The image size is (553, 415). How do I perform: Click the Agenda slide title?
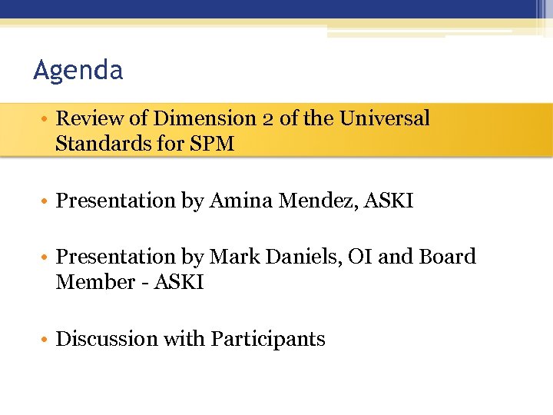[78, 71]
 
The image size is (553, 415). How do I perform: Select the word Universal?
[385, 118]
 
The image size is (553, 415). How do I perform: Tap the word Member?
[95, 282]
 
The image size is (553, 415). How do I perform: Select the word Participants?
[268, 340]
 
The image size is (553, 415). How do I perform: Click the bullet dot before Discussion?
[46, 340]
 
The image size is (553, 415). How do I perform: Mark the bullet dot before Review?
[46, 119]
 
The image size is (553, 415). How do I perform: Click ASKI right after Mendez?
[389, 201]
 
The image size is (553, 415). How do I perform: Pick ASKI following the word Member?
[179, 282]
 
